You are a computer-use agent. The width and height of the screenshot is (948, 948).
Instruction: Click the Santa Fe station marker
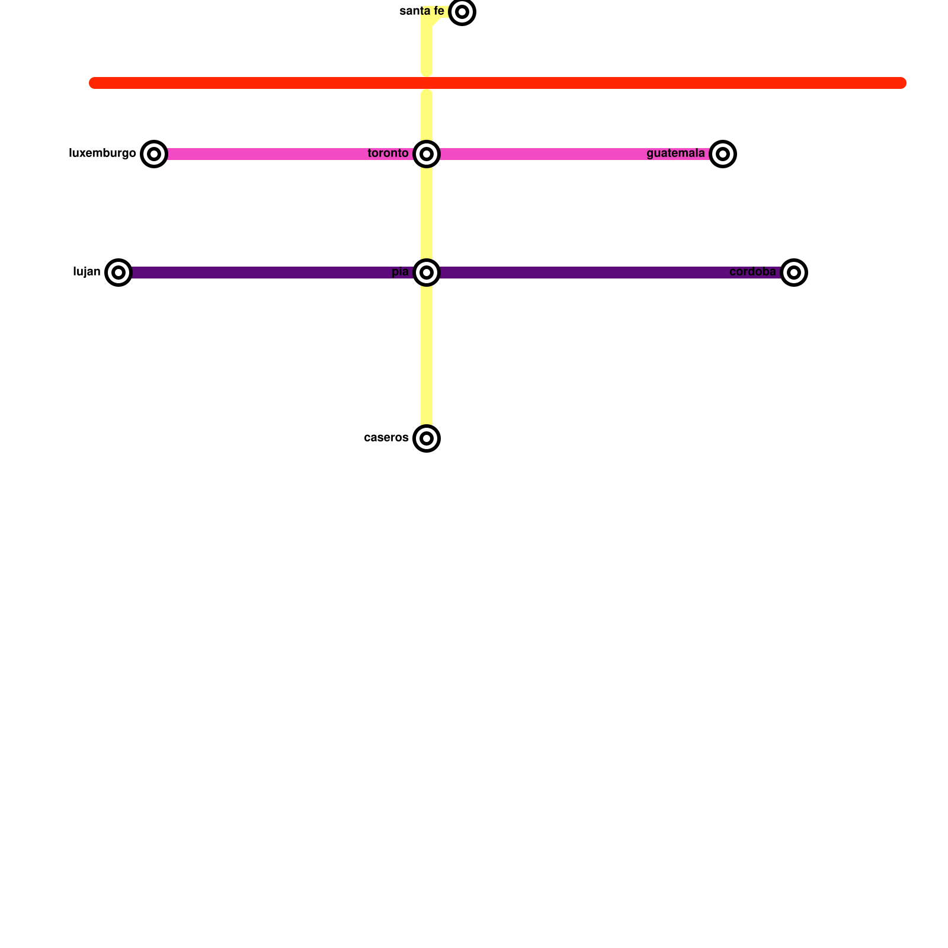coord(462,12)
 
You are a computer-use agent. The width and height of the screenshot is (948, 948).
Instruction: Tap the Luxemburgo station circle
coord(154,154)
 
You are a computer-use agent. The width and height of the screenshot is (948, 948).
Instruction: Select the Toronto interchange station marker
coord(427,154)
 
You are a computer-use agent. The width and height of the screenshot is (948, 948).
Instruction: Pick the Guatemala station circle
coord(723,154)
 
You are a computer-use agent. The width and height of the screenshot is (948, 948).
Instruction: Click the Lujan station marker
coord(118,273)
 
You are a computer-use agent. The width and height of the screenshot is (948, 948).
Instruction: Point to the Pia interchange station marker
coord(427,273)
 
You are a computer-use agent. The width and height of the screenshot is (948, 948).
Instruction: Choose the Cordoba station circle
coord(794,273)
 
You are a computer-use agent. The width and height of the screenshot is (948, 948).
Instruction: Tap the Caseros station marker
coord(427,438)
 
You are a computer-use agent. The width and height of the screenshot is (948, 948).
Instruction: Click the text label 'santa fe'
coord(422,11)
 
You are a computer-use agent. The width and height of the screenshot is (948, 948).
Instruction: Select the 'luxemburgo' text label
coord(103,153)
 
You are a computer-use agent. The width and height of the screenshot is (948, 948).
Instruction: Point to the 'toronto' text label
coord(388,153)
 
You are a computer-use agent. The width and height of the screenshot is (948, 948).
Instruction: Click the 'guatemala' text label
coord(675,153)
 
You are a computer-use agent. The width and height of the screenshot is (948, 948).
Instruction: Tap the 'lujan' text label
coord(87,272)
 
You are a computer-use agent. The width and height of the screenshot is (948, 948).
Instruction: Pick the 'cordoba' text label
coord(752,272)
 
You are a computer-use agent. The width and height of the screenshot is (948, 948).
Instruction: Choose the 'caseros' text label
coord(386,438)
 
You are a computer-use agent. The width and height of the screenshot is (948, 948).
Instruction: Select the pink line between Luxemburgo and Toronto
coord(290,154)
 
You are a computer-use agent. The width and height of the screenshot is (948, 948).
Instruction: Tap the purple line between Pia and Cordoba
coord(610,273)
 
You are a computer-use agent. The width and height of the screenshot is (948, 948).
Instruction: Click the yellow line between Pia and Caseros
coord(427,355)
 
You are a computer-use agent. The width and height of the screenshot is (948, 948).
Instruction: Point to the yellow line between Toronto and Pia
coord(427,213)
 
